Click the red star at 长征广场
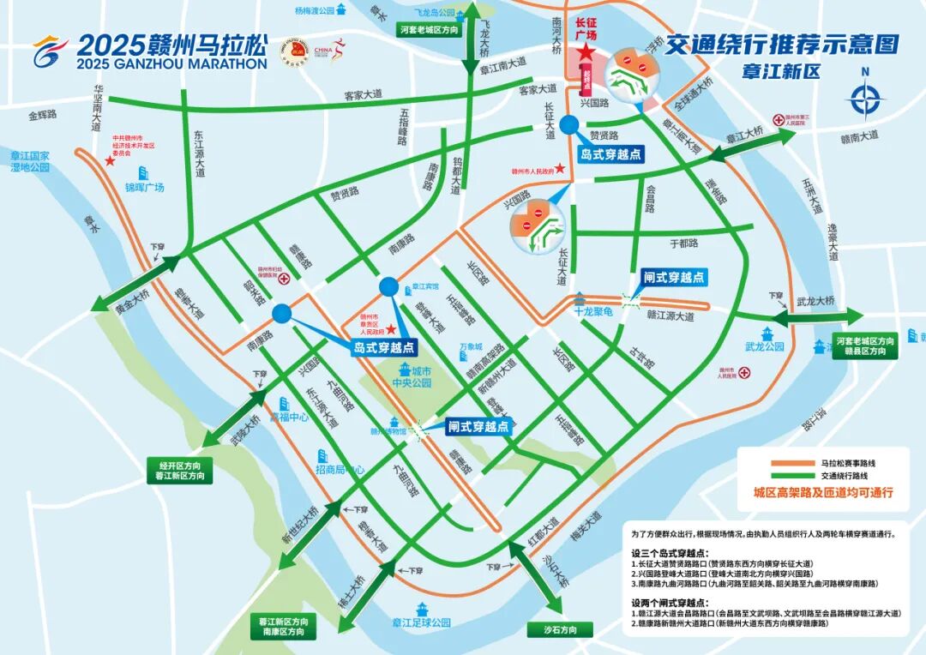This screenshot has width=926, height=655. (585, 54)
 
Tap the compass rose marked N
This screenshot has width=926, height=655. (865, 99)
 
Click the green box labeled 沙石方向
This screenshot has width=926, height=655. (561, 630)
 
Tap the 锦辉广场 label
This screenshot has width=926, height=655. (144, 187)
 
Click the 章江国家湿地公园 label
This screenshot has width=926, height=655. (31, 161)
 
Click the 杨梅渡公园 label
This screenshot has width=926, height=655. (313, 11)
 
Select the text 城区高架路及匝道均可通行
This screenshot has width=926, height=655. (823, 493)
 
